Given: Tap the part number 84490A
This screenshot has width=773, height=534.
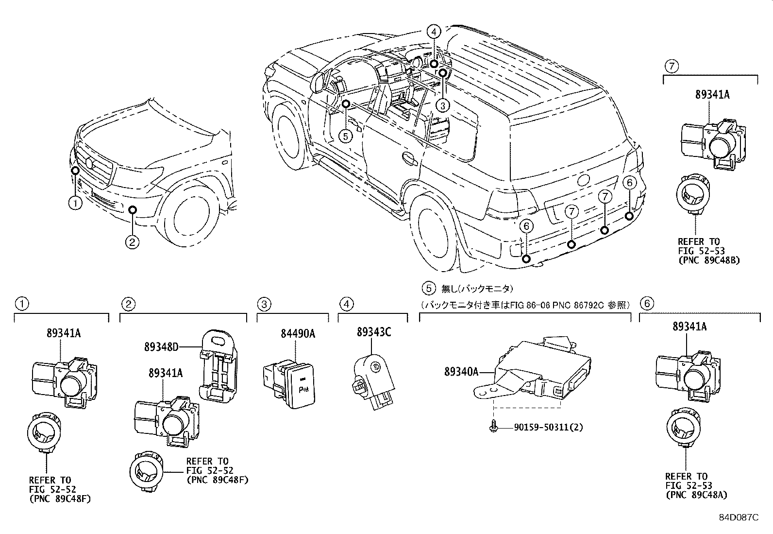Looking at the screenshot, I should coord(298,334).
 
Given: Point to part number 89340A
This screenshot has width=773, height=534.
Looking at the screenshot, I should coord(461,372).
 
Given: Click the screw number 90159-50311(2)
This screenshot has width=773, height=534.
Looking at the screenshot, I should coord(548,428).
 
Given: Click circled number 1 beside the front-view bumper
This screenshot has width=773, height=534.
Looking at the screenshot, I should coord(75,203).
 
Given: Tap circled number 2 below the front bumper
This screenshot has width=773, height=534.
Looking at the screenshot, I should coord(132,241).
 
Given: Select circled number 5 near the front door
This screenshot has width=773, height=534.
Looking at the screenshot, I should coord(345,136).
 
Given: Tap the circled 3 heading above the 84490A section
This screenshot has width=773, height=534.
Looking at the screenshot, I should coord(264,305).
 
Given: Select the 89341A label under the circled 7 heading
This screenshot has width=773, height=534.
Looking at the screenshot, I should coord(711,95).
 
